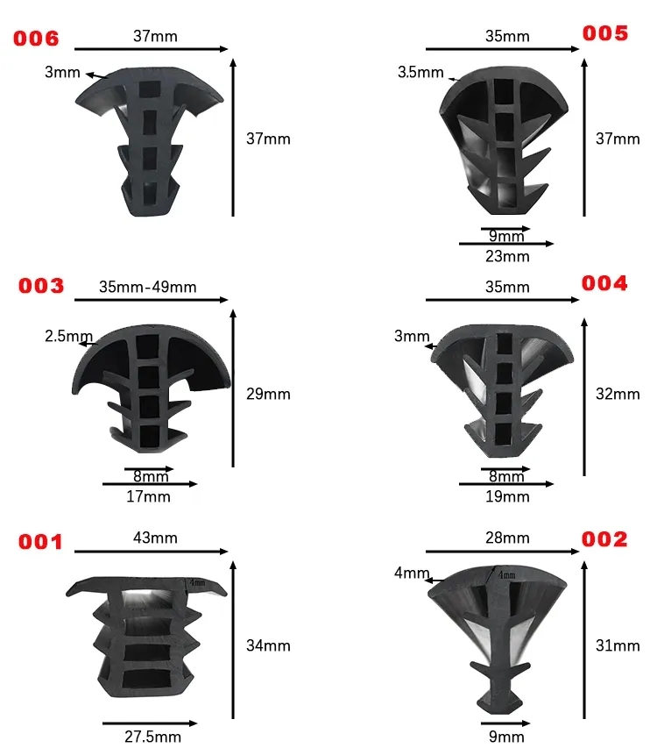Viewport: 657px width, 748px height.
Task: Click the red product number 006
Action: click(x=35, y=38)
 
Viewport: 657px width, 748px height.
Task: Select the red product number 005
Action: click(x=605, y=33)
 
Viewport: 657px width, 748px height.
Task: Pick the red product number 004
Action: click(x=605, y=283)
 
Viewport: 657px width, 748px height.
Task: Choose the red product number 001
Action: click(x=41, y=542)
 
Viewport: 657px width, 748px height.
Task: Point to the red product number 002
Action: click(x=605, y=539)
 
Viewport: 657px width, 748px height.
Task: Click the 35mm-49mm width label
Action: click(x=147, y=287)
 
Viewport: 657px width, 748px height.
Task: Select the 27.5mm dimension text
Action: click(x=153, y=737)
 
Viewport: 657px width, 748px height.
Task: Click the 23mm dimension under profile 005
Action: click(x=507, y=257)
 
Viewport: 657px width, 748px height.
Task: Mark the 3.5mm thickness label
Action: click(x=420, y=73)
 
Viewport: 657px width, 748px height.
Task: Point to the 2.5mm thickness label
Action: click(x=68, y=336)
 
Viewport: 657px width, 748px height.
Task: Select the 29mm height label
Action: click(x=269, y=394)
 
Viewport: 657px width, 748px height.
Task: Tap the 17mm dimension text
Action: click(x=149, y=497)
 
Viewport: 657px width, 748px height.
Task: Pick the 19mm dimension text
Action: click(x=508, y=497)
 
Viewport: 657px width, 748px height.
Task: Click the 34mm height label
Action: click(x=269, y=645)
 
